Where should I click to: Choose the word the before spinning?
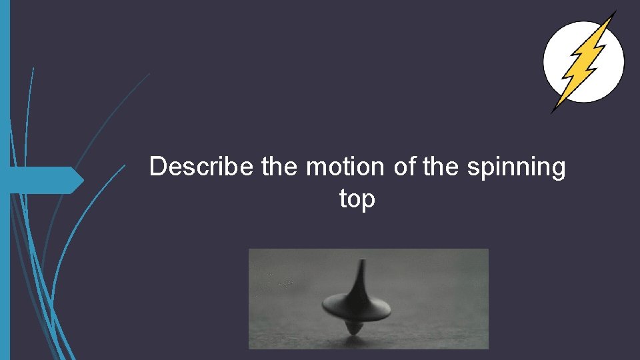(x=441, y=167)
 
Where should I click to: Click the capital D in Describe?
(x=157, y=167)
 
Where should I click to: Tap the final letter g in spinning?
(x=557, y=169)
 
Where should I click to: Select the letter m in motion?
(x=315, y=168)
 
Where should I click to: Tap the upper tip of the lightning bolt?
(x=615, y=11)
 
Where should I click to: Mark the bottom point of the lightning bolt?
(x=552, y=112)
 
